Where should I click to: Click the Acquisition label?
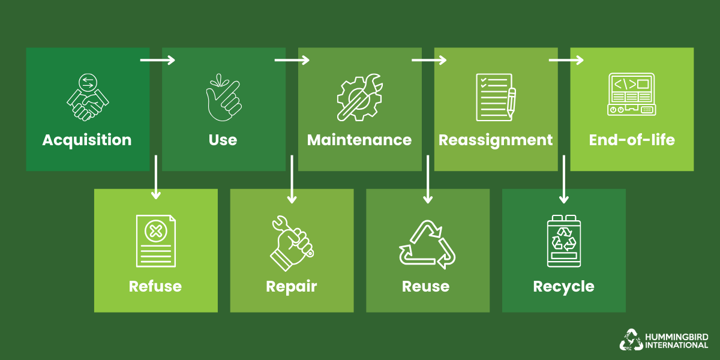pos(87,140)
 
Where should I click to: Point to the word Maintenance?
pos(359,140)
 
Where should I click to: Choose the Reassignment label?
pos(496,140)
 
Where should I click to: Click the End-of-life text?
pos(632,140)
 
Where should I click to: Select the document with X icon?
pos(155,241)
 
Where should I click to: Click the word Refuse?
pos(155,286)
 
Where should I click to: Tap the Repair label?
pos(291,286)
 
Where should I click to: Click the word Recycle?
pos(563,287)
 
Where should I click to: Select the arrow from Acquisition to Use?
pos(157,60)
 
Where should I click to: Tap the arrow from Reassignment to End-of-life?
pos(566,60)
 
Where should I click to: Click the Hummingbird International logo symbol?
pos(631,339)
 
